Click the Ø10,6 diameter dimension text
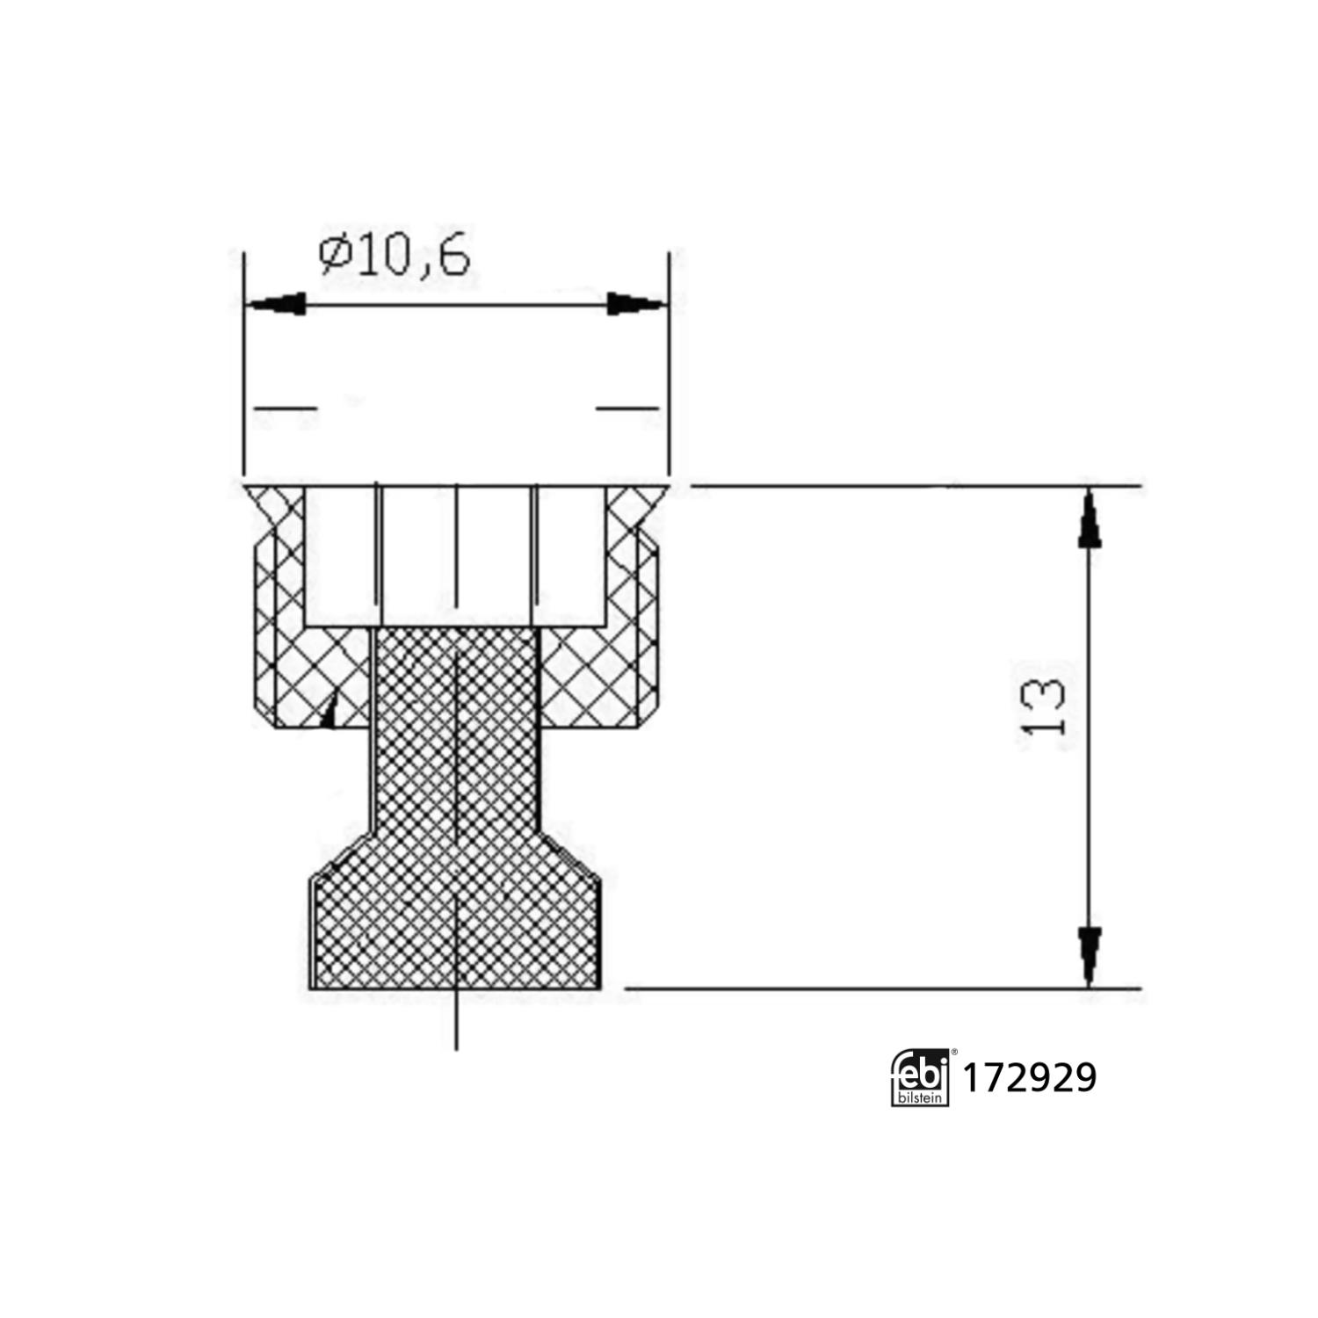point(395,256)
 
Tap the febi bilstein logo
point(920,1077)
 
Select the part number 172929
point(1030,1078)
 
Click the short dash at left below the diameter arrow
point(285,408)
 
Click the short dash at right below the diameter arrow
point(627,408)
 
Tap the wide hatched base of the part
point(456,931)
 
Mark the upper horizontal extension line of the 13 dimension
point(914,485)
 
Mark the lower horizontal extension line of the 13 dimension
point(879,988)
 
